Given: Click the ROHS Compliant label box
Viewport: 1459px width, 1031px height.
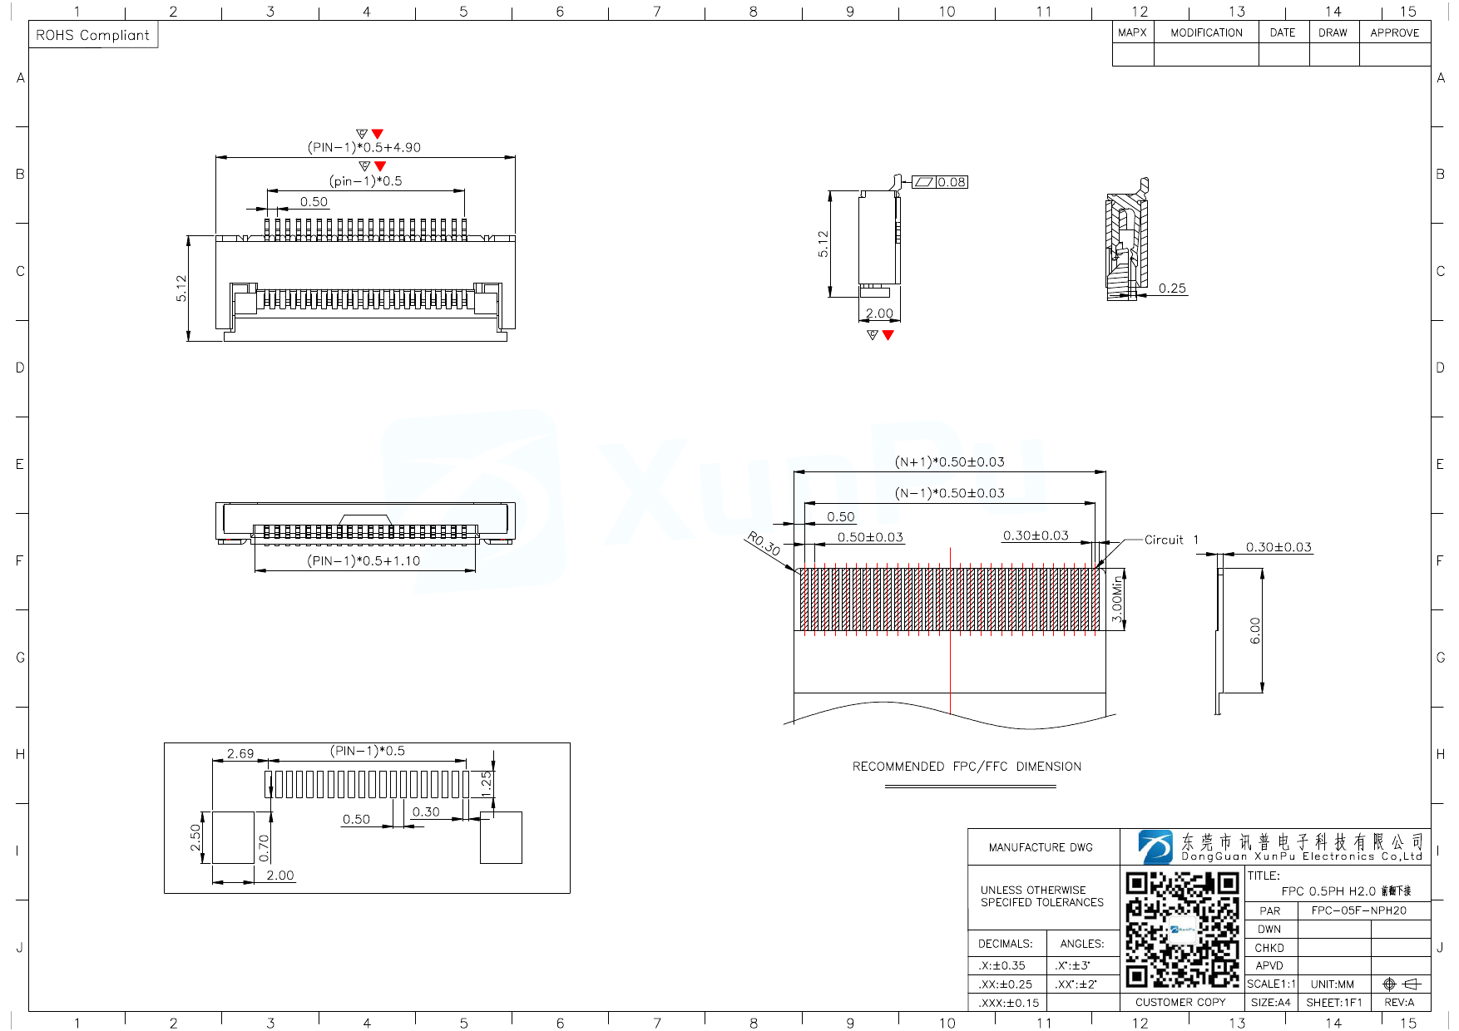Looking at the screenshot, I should point(93,35).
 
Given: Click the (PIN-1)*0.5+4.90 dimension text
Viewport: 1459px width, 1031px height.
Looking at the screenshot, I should point(364,147).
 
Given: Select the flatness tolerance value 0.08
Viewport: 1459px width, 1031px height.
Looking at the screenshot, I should point(952,182).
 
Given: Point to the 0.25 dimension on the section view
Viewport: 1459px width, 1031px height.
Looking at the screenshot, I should point(1171,289).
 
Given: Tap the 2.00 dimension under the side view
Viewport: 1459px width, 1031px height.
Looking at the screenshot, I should point(878,313).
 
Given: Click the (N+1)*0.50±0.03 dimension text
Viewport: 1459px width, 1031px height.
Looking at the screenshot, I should point(949,461).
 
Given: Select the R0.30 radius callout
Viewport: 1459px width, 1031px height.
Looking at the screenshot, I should point(764,544).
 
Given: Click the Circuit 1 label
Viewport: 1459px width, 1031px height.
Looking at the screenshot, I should point(1170,540).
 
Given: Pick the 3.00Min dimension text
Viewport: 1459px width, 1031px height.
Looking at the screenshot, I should point(1117,600).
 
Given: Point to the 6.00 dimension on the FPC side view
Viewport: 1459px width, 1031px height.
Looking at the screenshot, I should point(1255,630).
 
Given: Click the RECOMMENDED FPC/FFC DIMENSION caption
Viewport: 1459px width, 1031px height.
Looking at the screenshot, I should point(967,767).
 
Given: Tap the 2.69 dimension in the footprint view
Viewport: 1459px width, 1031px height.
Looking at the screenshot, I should point(240,753).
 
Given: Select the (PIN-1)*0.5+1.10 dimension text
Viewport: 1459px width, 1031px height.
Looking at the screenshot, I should point(364,560).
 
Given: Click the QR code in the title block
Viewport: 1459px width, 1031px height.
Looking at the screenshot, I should point(1182,929).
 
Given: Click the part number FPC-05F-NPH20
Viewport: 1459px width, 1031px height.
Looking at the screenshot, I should point(1358,910).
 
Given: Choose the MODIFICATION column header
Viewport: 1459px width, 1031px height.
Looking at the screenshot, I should point(1206,32).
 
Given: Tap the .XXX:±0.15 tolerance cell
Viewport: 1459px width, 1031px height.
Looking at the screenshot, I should point(1008,1003).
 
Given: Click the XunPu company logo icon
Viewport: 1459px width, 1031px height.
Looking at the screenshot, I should point(1155,846).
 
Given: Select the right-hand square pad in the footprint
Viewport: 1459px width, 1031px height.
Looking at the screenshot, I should point(501,837).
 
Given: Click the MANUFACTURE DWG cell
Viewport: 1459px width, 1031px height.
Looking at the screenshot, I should point(1041,847).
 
